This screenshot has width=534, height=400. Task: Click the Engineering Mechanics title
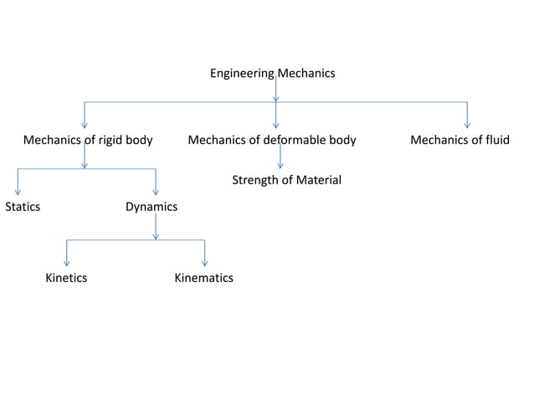click(x=272, y=74)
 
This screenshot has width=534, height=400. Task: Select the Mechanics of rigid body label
click(x=88, y=140)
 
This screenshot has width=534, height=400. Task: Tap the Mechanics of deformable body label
click(x=272, y=140)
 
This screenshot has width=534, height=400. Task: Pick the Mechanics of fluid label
click(x=460, y=140)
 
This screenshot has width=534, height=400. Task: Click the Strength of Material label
click(x=286, y=180)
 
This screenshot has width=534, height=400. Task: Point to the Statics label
click(x=23, y=207)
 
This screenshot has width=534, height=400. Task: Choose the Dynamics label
click(x=151, y=207)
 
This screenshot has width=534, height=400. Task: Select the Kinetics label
click(x=66, y=278)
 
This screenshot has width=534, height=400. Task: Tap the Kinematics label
click(x=203, y=278)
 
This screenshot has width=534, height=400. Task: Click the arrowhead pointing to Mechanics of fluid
click(x=467, y=126)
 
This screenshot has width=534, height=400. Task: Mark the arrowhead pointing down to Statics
click(x=18, y=192)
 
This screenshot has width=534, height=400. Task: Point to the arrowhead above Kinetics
click(x=66, y=264)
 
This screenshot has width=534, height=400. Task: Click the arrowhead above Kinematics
click(x=204, y=264)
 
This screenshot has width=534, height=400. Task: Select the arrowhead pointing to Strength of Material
click(x=280, y=166)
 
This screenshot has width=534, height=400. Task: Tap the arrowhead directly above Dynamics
click(x=156, y=192)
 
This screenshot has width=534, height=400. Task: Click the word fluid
click(x=494, y=140)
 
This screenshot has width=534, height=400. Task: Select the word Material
click(x=319, y=180)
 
